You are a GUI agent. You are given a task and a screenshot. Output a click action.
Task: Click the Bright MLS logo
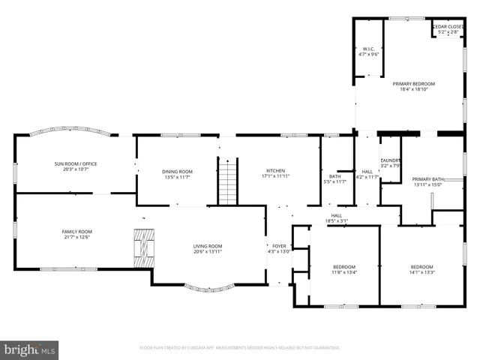(29, 349)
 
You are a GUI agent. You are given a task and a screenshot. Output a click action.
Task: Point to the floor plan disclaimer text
(240, 348)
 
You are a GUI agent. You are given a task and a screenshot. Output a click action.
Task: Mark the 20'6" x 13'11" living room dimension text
(208, 251)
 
